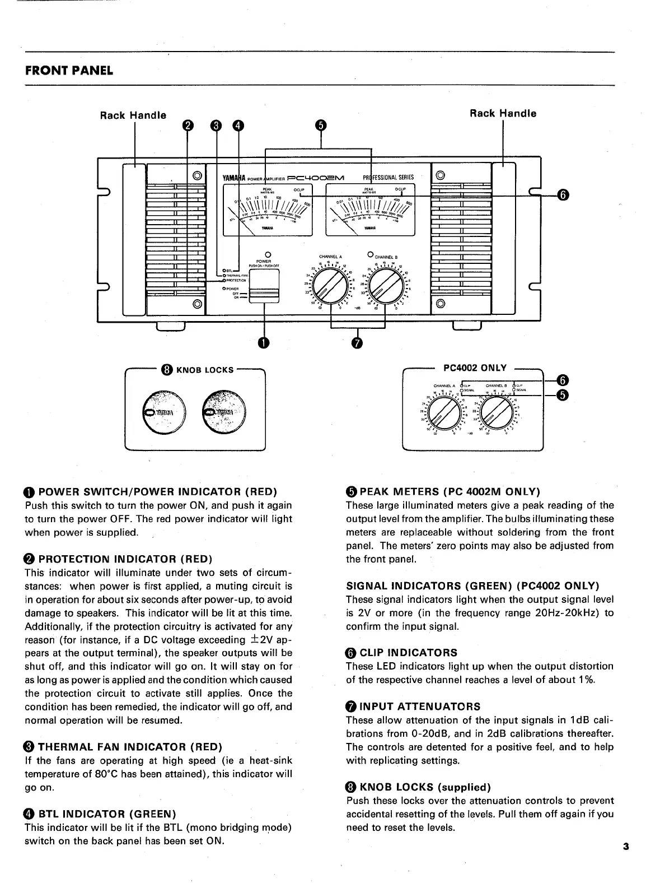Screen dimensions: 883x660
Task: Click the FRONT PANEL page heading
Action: tap(69, 71)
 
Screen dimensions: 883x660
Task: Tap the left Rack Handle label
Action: tap(133, 115)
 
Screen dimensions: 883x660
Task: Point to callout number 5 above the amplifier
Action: tap(320, 125)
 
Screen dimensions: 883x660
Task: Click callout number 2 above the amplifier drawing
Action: tap(189, 125)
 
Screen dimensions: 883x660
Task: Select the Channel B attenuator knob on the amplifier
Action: tap(385, 286)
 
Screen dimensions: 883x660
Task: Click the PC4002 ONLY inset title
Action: tap(475, 368)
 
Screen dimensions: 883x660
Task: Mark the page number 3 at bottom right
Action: tap(626, 847)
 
